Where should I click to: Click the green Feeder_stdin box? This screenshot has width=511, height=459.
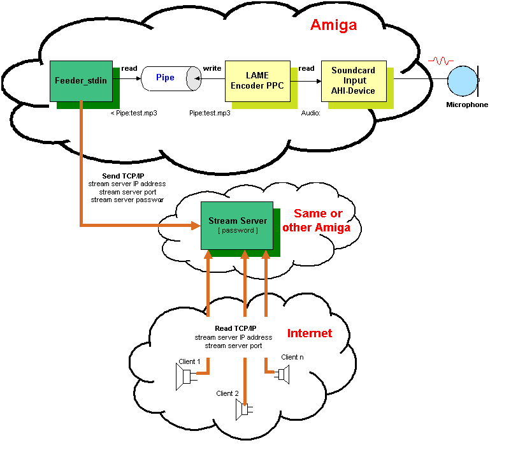pyautogui.click(x=82, y=81)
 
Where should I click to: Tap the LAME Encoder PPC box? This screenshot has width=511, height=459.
pyautogui.click(x=257, y=81)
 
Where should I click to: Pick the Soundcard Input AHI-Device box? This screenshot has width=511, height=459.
pyautogui.click(x=354, y=81)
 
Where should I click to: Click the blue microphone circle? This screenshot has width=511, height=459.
pyautogui.click(x=462, y=82)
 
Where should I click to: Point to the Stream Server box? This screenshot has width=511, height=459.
pyautogui.click(x=237, y=226)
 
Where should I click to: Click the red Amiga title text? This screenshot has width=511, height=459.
pyautogui.click(x=333, y=25)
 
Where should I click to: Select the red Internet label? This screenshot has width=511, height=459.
pyautogui.click(x=310, y=333)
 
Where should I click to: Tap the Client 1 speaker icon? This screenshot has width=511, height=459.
pyautogui.click(x=186, y=377)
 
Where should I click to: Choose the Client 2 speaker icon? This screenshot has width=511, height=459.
pyautogui.click(x=242, y=409)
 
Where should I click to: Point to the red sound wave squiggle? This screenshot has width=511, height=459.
pyautogui.click(x=441, y=62)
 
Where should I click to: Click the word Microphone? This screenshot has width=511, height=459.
pyautogui.click(x=467, y=105)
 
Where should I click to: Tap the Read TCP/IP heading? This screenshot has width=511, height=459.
pyautogui.click(x=233, y=329)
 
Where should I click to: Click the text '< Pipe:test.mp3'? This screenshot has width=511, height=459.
pyautogui.click(x=134, y=113)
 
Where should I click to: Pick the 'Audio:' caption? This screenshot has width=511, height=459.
pyautogui.click(x=310, y=113)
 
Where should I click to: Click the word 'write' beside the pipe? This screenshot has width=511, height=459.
pyautogui.click(x=212, y=68)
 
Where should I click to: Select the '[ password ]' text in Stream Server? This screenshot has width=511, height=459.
pyautogui.click(x=238, y=230)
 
